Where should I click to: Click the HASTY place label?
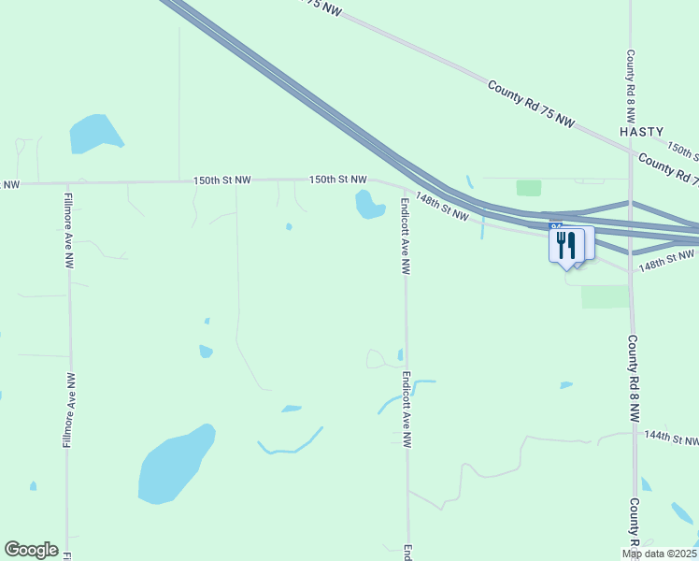(641, 132)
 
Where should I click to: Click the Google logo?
(31, 550)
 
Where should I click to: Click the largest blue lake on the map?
(174, 465)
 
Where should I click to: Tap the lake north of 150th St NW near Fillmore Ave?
(95, 133)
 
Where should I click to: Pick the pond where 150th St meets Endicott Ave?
(368, 204)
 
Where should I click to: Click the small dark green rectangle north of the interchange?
(529, 188)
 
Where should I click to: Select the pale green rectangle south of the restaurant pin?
(605, 296)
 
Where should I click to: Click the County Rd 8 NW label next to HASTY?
(631, 87)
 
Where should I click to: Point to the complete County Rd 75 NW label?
(533, 105)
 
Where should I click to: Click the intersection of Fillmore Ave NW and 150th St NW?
(67, 183)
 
